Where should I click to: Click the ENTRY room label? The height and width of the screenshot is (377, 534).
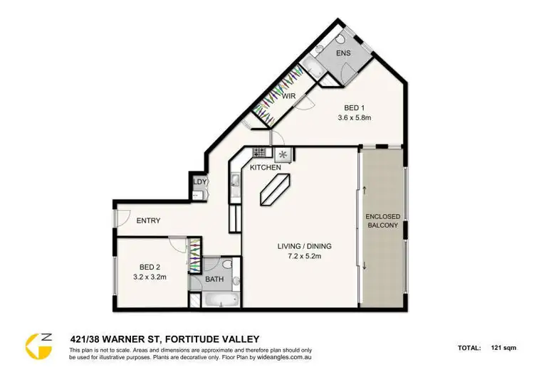tap(148, 221)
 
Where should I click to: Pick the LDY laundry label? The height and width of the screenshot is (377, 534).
tap(200, 181)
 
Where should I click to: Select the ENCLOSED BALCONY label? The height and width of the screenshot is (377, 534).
tap(382, 221)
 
